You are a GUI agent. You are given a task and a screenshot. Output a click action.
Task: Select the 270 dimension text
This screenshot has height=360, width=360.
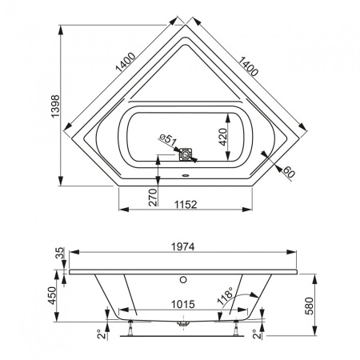pyautogui.click(x=150, y=194)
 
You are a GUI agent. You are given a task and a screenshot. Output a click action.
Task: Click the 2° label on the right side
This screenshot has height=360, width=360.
pyautogui.click(x=258, y=333)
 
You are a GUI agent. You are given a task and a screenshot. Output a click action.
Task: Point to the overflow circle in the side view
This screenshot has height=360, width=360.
pyautogui.click(x=185, y=281)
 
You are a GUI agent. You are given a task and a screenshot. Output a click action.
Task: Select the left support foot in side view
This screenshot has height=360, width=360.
pyautogui.click(x=130, y=325)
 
